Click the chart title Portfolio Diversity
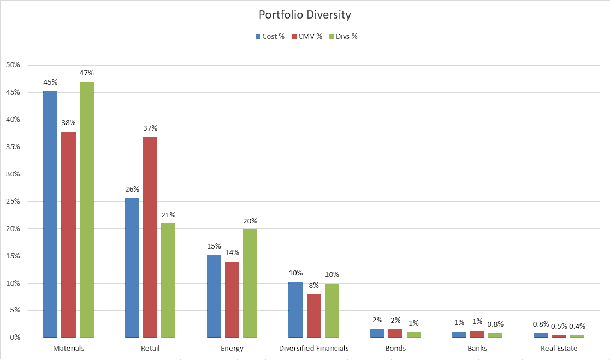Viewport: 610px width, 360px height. click(305, 15)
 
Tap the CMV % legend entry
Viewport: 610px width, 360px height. click(310, 37)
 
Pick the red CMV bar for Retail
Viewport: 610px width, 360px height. click(150, 237)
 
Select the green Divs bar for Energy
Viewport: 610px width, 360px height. click(250, 283)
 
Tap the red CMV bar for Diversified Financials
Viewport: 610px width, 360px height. click(314, 316)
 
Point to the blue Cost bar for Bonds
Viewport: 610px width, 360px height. click(377, 333)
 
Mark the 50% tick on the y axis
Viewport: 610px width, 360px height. click(13, 65)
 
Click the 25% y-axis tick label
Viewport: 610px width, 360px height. click(13, 201)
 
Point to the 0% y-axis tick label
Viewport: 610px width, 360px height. click(14, 338)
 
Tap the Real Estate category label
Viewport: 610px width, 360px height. click(559, 348)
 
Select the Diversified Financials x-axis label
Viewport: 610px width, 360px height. click(313, 348)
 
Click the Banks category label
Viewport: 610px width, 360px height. click(477, 348)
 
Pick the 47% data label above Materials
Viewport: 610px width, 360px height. click(87, 73)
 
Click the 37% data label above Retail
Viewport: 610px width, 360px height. click(150, 128)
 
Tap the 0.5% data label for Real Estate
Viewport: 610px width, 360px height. click(559, 326)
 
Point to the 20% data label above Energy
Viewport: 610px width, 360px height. click(250, 221)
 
